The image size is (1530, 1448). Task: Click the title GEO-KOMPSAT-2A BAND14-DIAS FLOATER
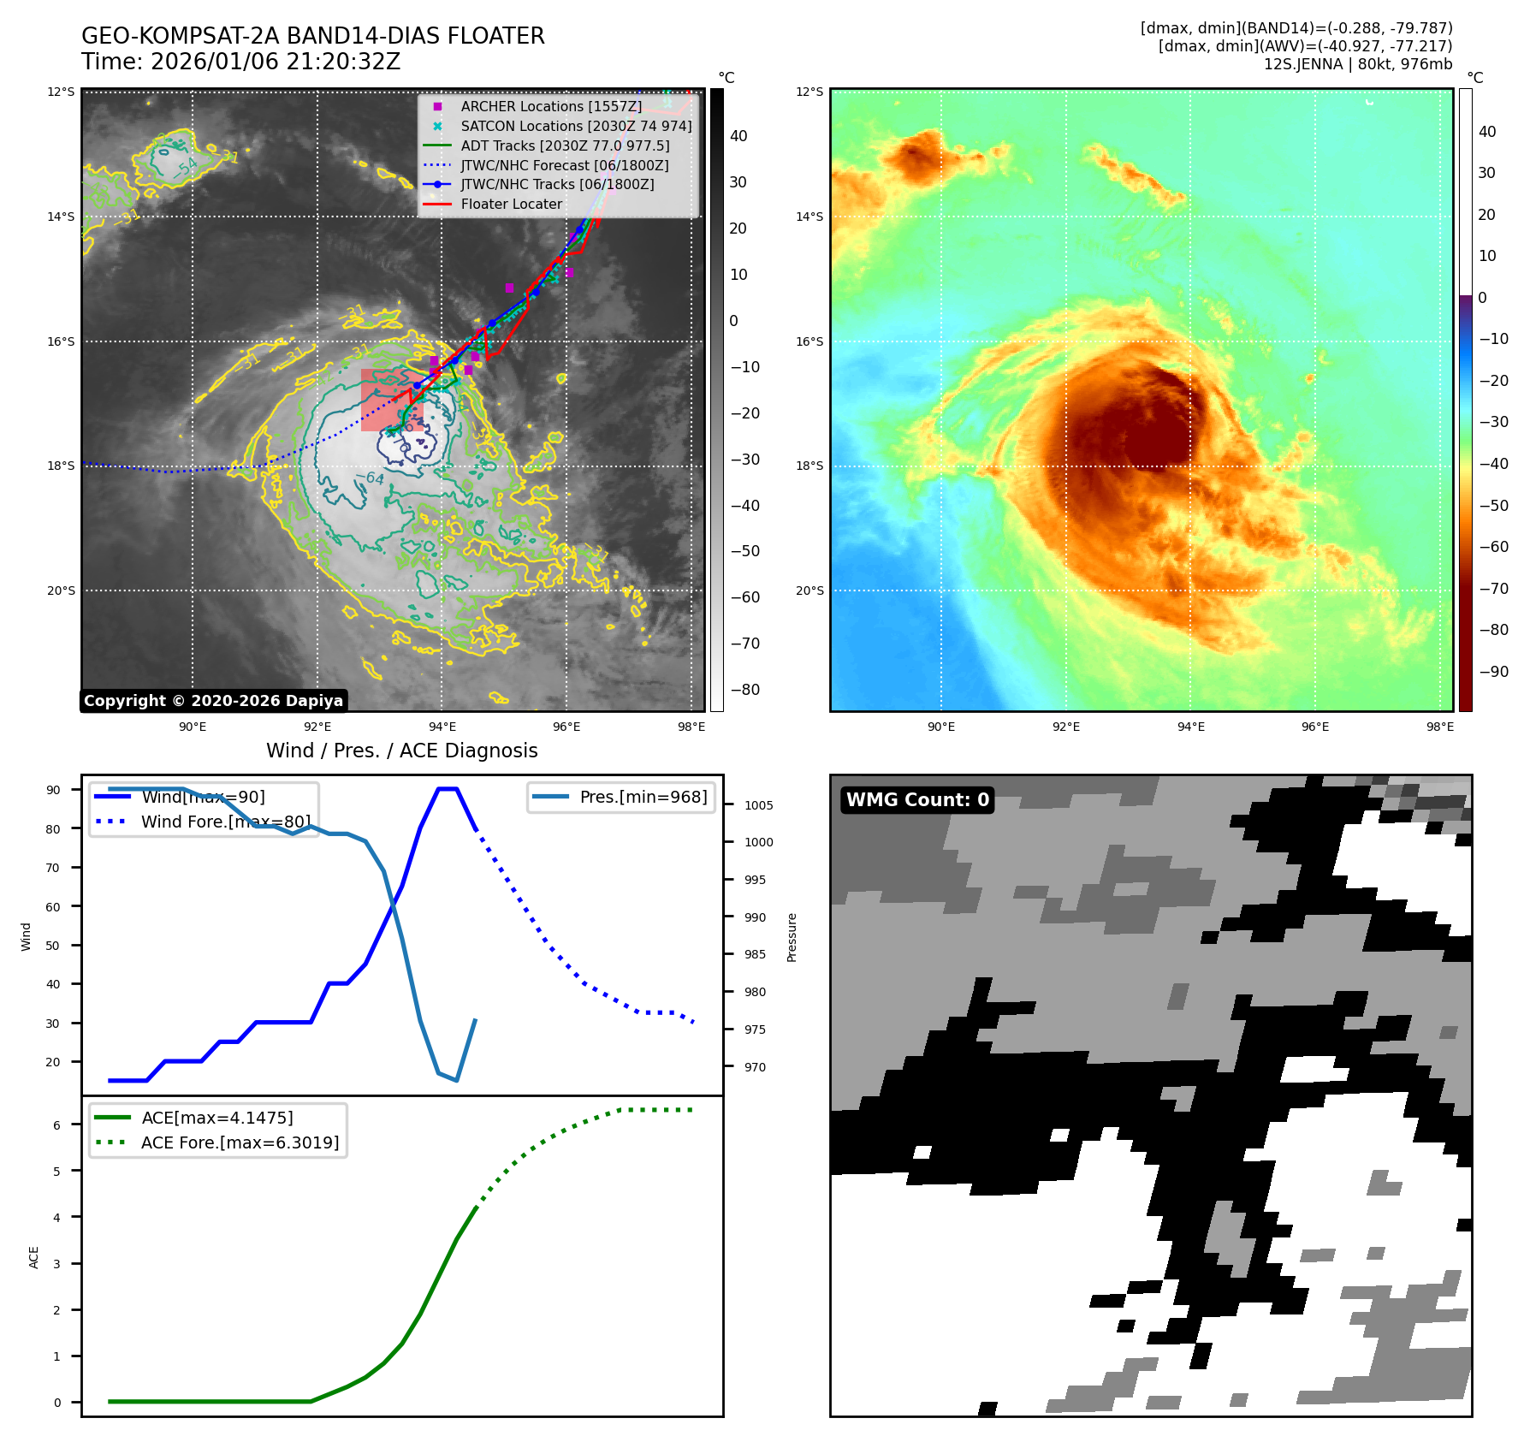[x=312, y=36]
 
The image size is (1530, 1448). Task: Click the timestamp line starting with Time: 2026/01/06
[x=240, y=62]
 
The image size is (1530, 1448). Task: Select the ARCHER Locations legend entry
[x=550, y=106]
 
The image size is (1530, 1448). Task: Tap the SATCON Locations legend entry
[x=576, y=126]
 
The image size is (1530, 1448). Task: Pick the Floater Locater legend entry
[x=511, y=204]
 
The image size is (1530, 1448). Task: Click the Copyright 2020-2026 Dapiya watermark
[x=213, y=701]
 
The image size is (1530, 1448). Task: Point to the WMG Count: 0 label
[x=917, y=799]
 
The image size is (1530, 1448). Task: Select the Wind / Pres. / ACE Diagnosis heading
[x=401, y=751]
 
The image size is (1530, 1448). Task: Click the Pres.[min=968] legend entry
[x=643, y=797]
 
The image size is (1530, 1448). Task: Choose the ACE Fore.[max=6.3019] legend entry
[x=240, y=1142]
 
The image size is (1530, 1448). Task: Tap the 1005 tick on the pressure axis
[x=758, y=805]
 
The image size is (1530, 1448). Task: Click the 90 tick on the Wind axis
[x=53, y=790]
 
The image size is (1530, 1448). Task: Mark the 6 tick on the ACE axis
[x=56, y=1125]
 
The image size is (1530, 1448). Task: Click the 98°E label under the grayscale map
[x=691, y=727]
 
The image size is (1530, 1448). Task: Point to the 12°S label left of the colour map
[x=809, y=92]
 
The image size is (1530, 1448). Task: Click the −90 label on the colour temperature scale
[x=1493, y=672]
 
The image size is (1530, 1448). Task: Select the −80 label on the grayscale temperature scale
[x=744, y=690]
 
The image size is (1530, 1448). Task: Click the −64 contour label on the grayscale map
[x=371, y=477]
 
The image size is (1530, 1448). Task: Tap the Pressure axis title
[x=792, y=937]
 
